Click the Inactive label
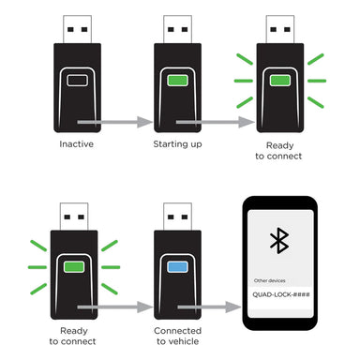[76, 146]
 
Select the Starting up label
[176, 146]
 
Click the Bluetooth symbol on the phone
[278, 239]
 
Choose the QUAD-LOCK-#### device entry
[278, 295]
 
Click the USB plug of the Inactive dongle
[76, 30]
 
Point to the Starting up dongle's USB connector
[176, 30]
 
